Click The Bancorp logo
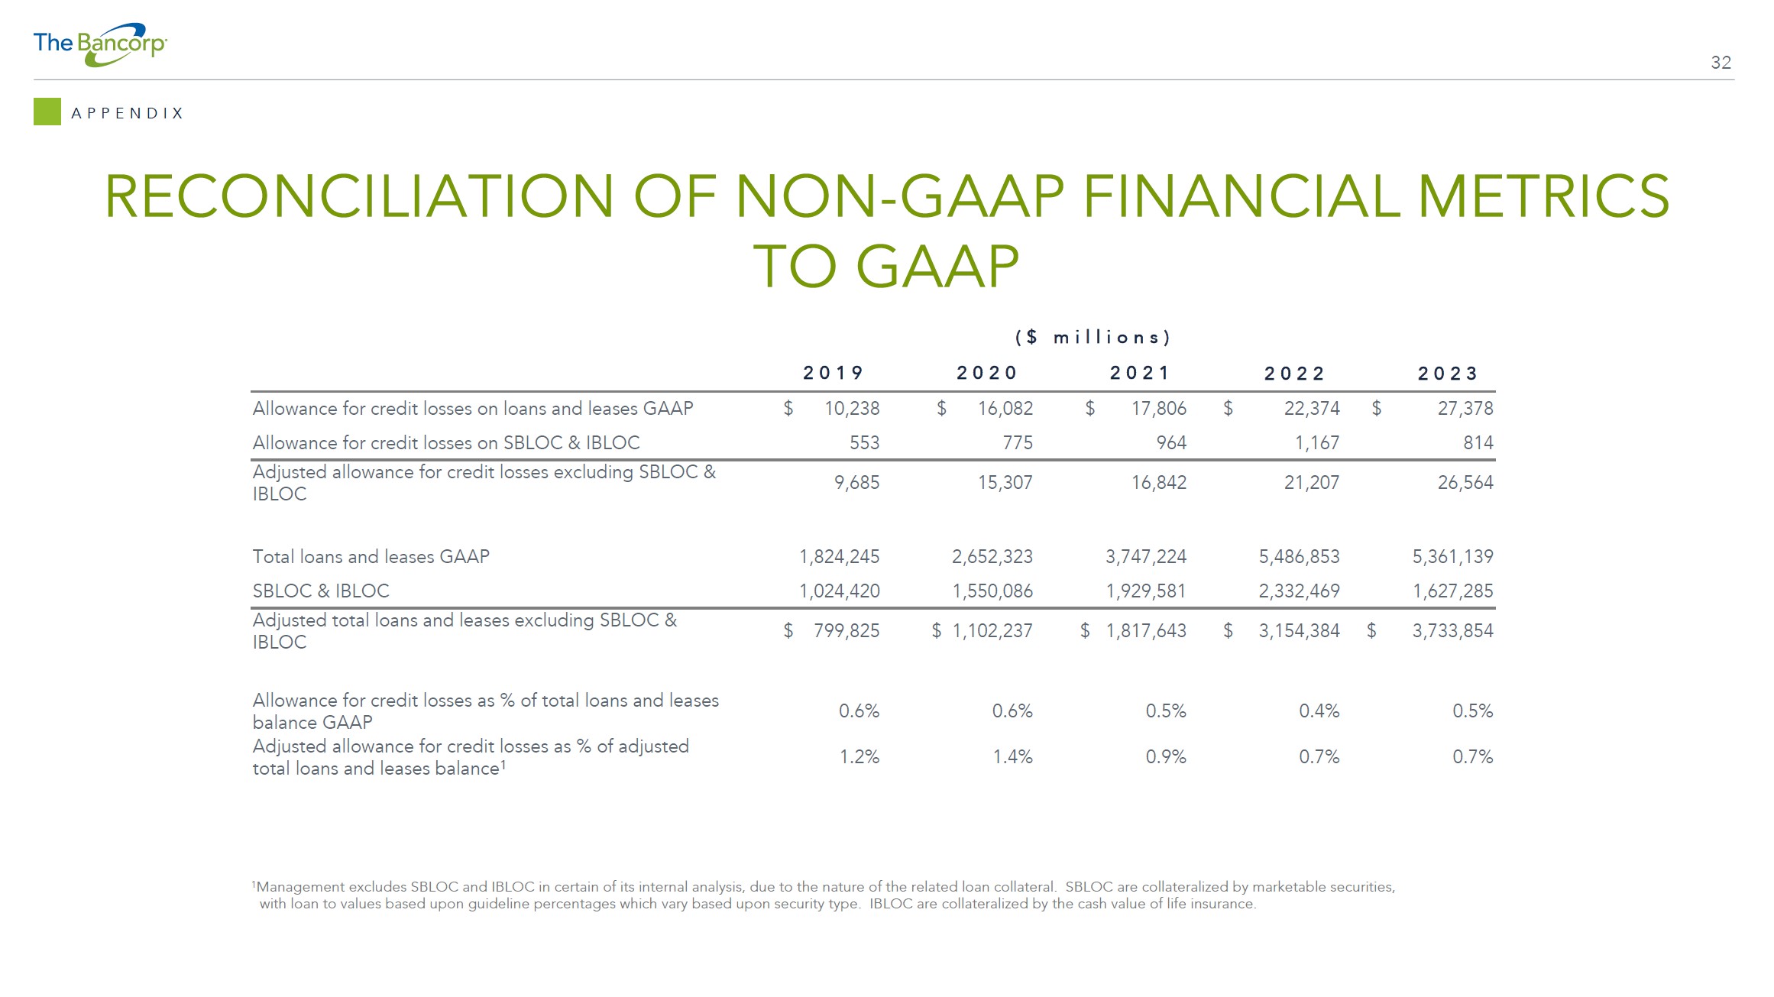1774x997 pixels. (x=100, y=44)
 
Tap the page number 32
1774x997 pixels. (x=1721, y=63)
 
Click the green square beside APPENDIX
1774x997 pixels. (x=47, y=112)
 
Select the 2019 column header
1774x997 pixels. (x=833, y=373)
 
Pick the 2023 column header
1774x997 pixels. (x=1448, y=374)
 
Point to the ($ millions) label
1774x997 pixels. (x=1093, y=337)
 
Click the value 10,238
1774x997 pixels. (x=852, y=409)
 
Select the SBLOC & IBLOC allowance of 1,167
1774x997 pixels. (x=1317, y=443)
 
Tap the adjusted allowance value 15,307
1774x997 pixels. (x=1005, y=483)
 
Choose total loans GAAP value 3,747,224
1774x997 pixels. (x=1146, y=557)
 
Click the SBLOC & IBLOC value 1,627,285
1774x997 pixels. (x=1453, y=591)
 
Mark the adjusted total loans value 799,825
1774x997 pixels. (x=847, y=631)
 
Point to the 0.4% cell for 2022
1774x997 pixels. (x=1319, y=711)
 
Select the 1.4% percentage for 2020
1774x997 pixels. (x=1012, y=757)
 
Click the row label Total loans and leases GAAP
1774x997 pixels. (x=371, y=557)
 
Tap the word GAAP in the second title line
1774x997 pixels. (x=937, y=266)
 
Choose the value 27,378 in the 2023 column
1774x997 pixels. (x=1465, y=409)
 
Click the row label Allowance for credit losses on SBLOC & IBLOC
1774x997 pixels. (x=446, y=443)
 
